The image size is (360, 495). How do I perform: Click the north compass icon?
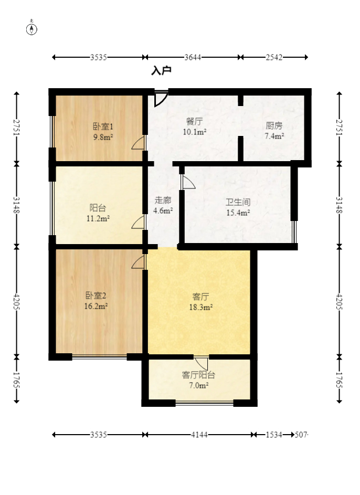tap(32, 29)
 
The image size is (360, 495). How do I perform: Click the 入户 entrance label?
tap(161, 71)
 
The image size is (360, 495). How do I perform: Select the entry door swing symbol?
tap(161, 99)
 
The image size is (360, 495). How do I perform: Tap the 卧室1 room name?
tap(103, 126)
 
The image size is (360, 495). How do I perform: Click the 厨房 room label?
tap(274, 125)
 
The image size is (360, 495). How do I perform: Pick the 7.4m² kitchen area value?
tap(274, 136)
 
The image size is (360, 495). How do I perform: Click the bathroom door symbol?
tap(188, 182)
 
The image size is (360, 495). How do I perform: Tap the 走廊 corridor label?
tap(163, 200)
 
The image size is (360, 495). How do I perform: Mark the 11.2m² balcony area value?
tap(98, 218)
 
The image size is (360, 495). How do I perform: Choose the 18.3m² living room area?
tap(202, 308)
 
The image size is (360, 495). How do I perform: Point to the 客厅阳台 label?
tap(198, 375)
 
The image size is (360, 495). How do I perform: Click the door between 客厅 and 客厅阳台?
tap(200, 362)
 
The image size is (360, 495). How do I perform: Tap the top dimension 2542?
tap(274, 57)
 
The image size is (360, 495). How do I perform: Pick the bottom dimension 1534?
tap(274, 435)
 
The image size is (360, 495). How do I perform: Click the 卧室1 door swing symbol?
tap(138, 143)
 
